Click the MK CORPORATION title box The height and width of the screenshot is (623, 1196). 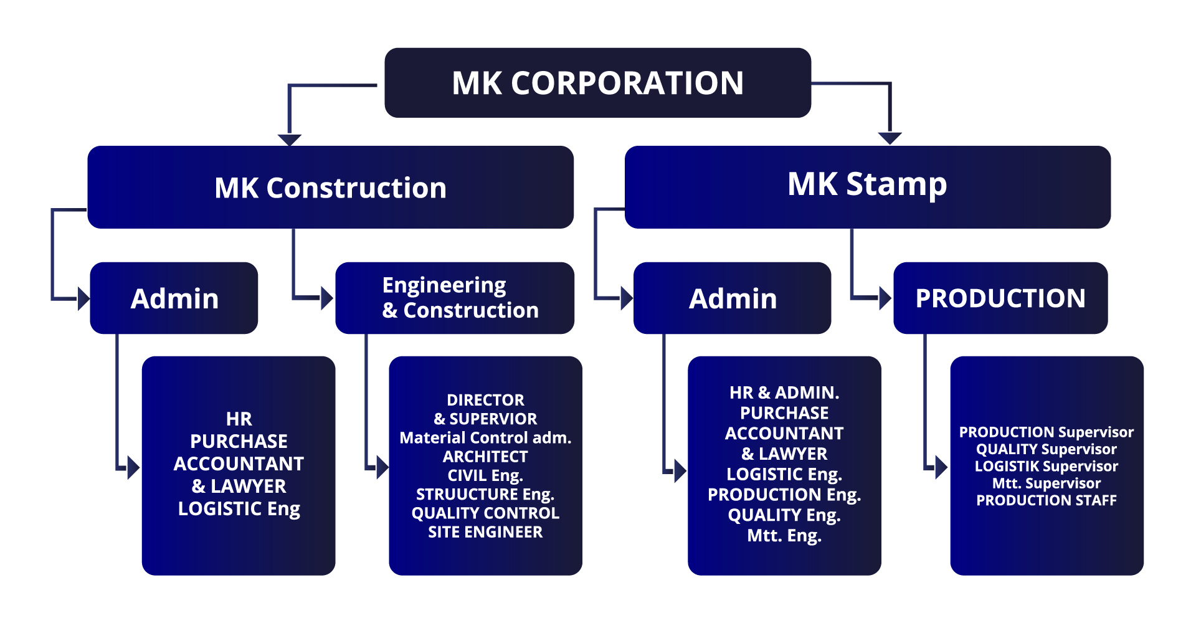click(597, 83)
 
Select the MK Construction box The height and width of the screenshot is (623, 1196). click(330, 187)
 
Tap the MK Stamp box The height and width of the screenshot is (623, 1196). click(867, 186)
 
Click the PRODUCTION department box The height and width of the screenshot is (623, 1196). click(1000, 298)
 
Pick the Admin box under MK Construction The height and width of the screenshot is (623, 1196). click(174, 298)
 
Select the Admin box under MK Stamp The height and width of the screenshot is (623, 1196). click(733, 298)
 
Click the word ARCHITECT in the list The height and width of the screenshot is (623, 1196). click(485, 457)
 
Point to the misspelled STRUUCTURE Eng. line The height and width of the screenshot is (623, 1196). click(485, 494)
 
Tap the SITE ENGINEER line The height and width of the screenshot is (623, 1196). click(485, 532)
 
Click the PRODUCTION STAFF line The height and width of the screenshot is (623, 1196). click(1046, 500)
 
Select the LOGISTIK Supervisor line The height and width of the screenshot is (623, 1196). click(1046, 466)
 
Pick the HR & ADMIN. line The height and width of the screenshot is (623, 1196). click(784, 392)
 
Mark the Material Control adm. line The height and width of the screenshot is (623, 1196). click(485, 438)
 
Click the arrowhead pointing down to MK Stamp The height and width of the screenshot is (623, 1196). click(890, 138)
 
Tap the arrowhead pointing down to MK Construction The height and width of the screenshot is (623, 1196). click(290, 140)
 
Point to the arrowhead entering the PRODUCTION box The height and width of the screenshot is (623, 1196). click(885, 298)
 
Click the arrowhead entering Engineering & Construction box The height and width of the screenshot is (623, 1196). click(326, 298)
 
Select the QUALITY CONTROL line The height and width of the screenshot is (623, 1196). click(485, 513)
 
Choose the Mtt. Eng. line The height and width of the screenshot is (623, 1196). click(784, 536)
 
